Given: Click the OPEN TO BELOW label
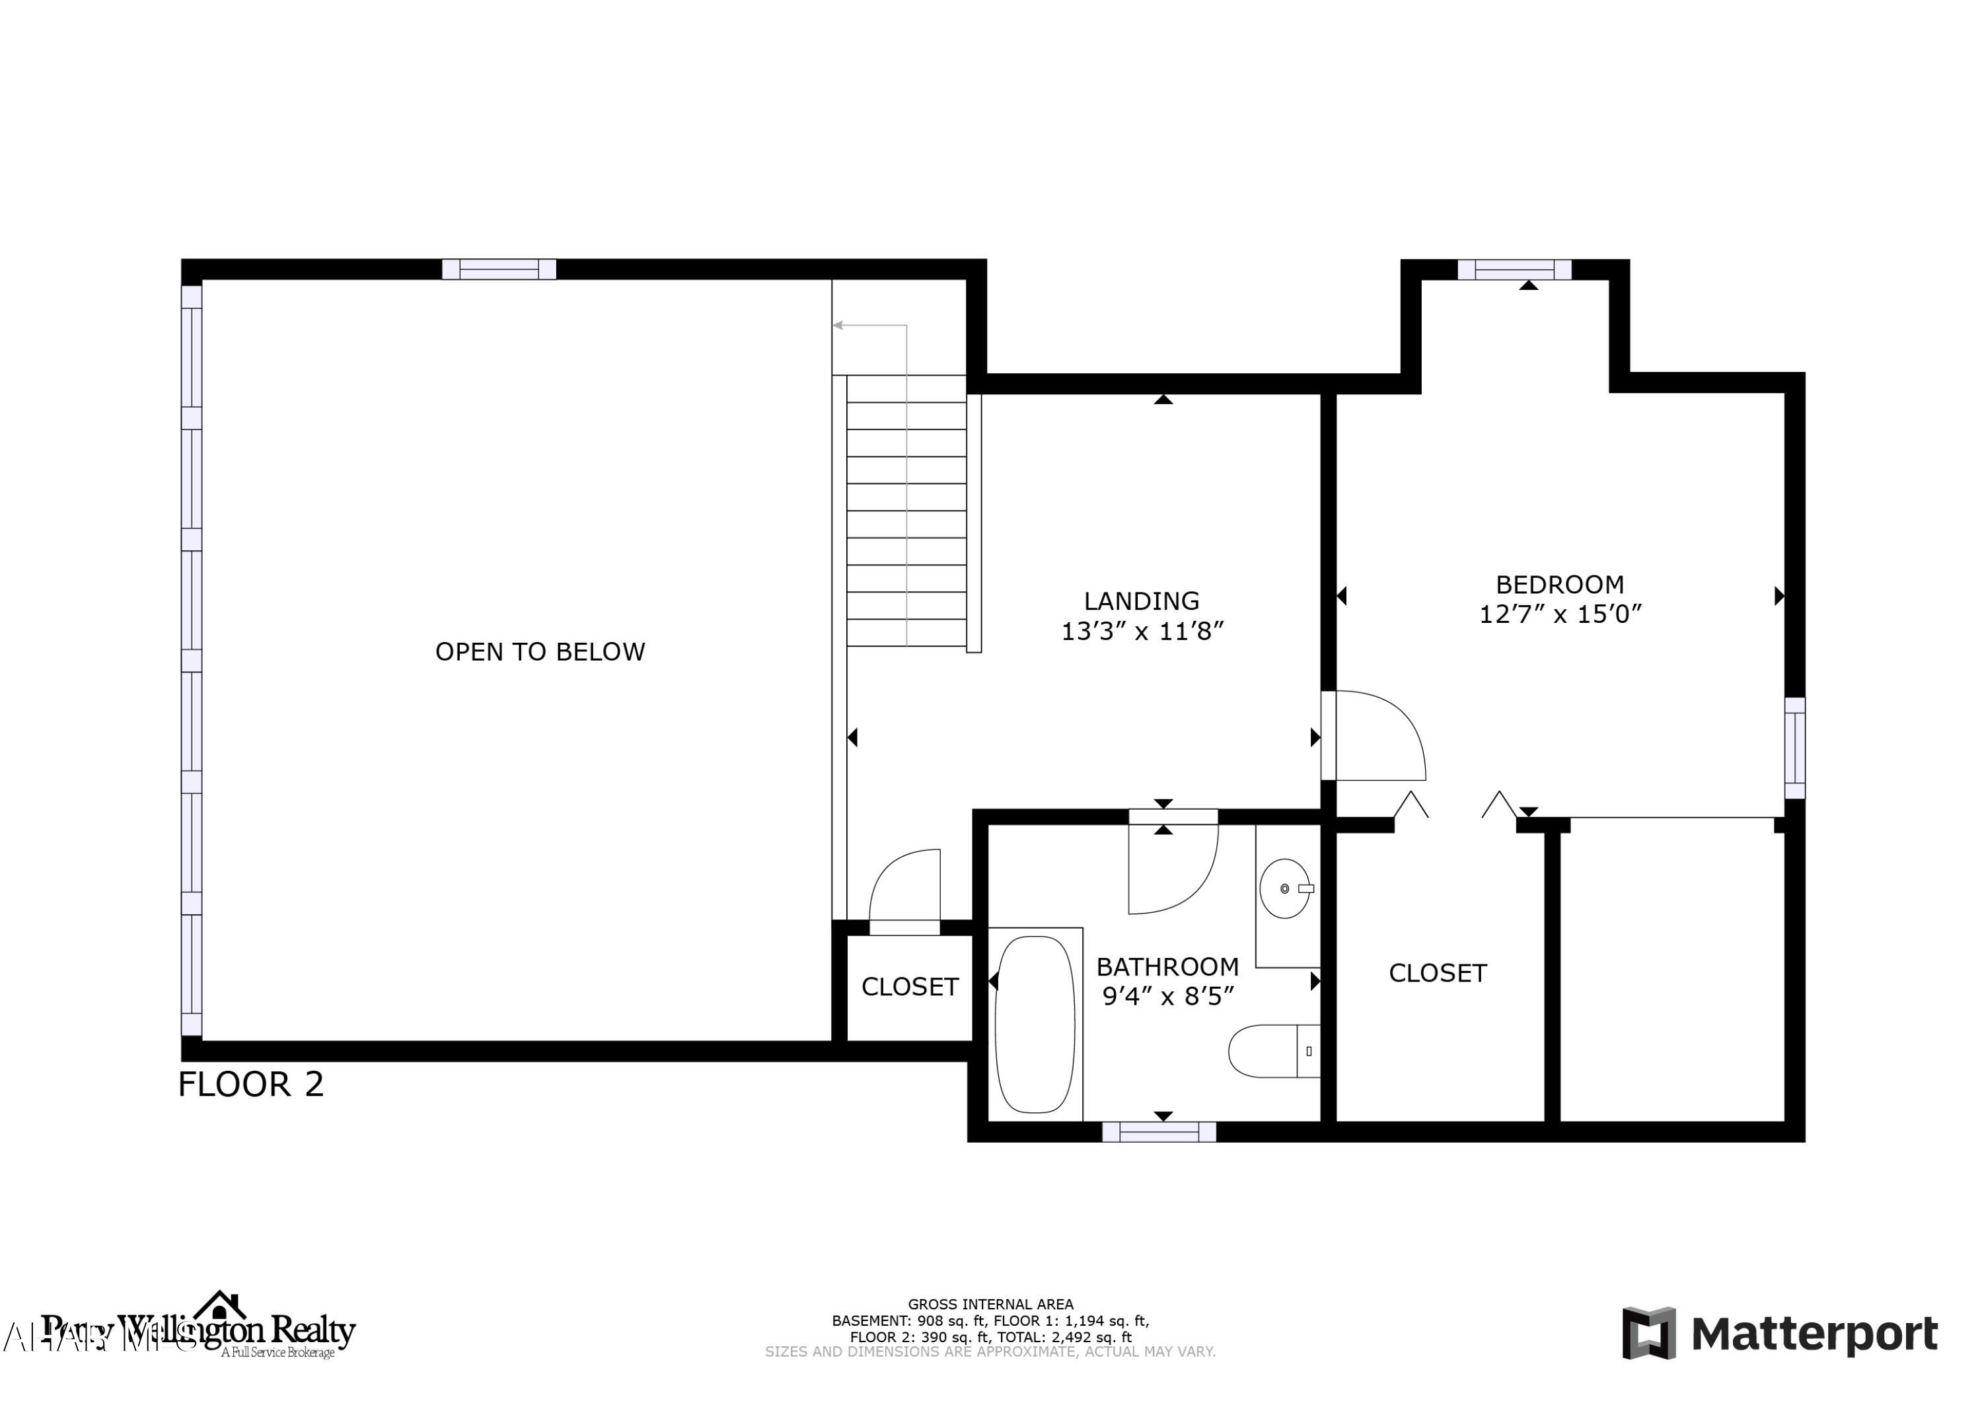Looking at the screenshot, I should tap(540, 652).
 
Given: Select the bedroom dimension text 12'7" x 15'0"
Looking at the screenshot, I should tap(1560, 614).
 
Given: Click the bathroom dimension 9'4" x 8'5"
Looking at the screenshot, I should tap(1167, 997).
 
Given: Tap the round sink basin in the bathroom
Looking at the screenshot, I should tap(1284, 888).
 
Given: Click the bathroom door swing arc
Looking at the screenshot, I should tap(1179, 872).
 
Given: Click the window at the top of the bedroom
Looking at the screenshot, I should tap(1514, 270).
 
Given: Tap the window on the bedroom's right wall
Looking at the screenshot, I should tap(1794, 748).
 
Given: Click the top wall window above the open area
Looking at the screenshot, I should tap(499, 269).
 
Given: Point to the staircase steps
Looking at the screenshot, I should tap(906, 511).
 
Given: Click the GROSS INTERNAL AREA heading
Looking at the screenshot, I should tap(990, 1305).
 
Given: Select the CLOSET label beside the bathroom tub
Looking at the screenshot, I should tap(910, 987).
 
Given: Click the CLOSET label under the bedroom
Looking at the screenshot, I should tap(1438, 974).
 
